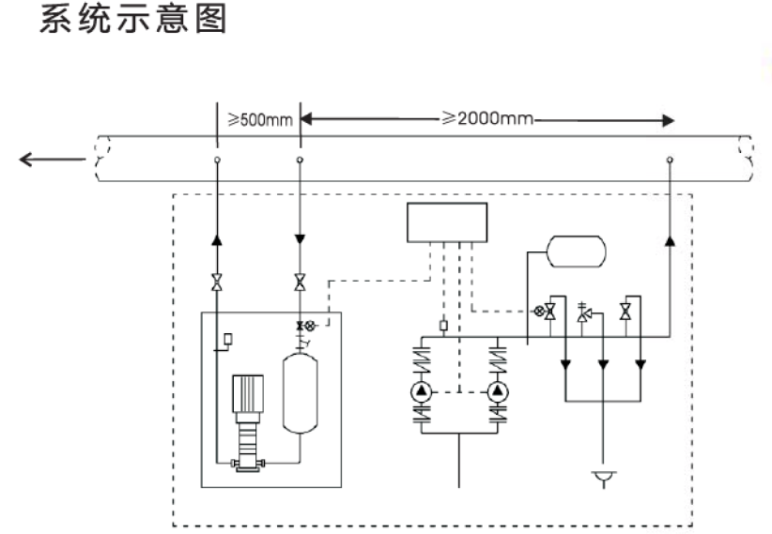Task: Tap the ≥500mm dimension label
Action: coord(258,121)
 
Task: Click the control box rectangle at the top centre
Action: coord(447,222)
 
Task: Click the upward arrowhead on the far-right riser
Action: coord(669,241)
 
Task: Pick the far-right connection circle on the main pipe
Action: coord(669,160)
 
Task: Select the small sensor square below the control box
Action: coord(443,328)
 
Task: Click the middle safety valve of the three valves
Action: coord(584,313)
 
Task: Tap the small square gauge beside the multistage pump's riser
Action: coord(228,337)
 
